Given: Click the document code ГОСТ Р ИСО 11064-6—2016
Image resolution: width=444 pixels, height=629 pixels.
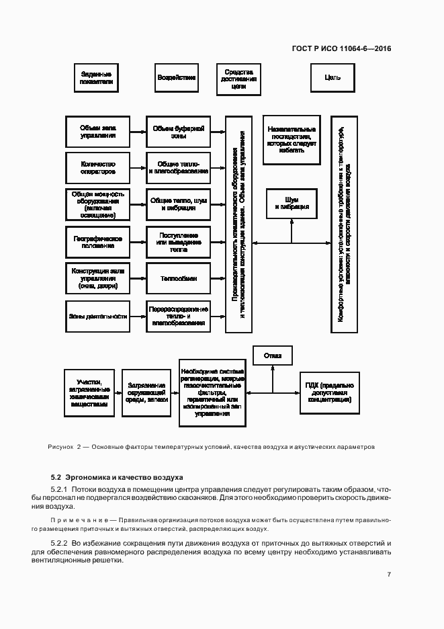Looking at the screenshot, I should [341, 48].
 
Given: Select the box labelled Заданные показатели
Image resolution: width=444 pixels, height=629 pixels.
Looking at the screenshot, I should [95, 78].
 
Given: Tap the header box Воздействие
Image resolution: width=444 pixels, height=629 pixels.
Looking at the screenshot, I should [177, 78].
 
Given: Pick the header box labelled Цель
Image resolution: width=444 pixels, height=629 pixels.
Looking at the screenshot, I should [332, 78].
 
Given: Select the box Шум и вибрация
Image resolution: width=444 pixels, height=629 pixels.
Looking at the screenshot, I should [292, 204].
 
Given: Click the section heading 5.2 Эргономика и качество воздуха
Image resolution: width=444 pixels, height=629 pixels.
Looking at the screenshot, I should [117, 477].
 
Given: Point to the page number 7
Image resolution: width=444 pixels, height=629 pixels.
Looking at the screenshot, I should [389, 575].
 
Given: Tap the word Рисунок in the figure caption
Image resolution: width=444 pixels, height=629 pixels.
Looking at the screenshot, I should [60, 447].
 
